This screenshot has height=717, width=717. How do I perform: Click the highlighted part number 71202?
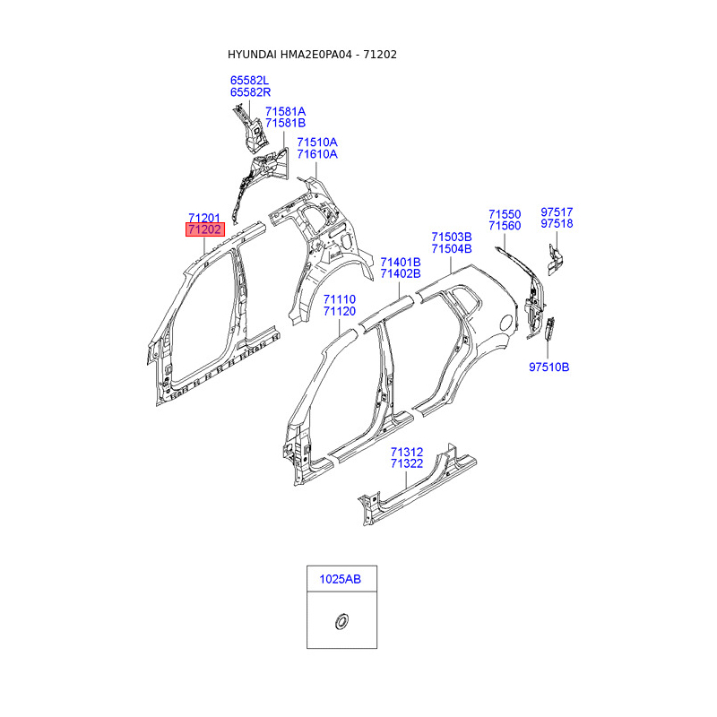click(204, 230)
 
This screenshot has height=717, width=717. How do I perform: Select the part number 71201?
click(204, 219)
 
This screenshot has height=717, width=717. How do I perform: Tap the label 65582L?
click(250, 81)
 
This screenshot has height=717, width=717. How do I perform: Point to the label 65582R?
click(250, 92)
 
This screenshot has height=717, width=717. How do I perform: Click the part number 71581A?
click(285, 112)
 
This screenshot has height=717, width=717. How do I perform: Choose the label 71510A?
click(317, 143)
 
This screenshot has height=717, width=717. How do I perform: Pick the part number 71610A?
click(317, 154)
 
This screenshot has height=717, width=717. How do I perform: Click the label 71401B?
click(400, 263)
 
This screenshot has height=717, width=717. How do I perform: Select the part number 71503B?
click(451, 238)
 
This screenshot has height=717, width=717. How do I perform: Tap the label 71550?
click(504, 215)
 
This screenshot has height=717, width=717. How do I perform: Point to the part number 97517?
click(557, 212)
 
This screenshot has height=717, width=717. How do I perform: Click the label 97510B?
click(549, 367)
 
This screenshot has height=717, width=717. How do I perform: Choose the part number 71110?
click(340, 299)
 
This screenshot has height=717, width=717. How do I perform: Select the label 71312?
click(407, 453)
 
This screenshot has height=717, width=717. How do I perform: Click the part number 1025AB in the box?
click(341, 580)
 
